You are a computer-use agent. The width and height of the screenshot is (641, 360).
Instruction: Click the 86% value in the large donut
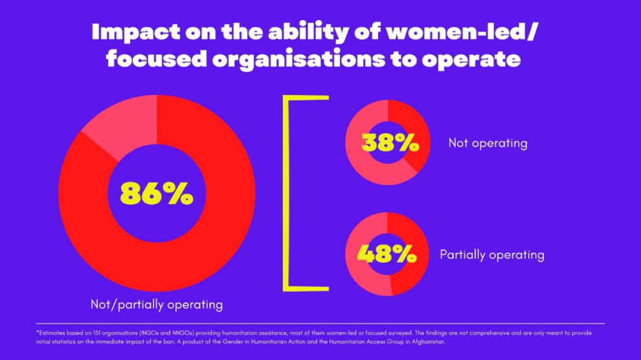click(157, 194)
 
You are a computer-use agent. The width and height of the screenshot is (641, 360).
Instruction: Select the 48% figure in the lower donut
click(387, 254)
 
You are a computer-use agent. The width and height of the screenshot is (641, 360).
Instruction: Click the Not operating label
click(488, 143)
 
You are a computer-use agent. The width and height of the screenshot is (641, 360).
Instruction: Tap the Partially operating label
click(491, 254)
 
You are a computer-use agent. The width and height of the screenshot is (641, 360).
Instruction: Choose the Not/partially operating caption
click(157, 304)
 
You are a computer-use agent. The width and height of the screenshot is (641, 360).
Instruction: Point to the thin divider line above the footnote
click(320, 323)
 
